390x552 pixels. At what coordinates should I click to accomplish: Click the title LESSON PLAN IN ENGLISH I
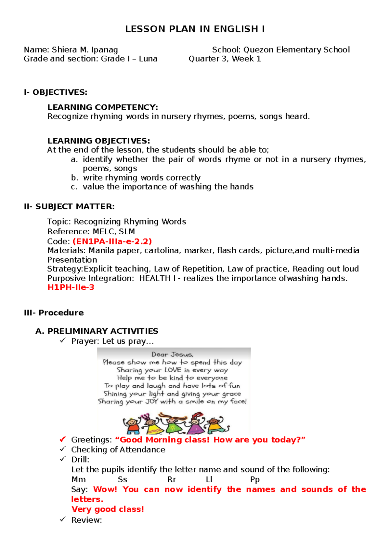195,29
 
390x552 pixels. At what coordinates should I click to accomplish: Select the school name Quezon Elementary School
296,50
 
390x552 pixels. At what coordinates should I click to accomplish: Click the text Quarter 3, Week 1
225,59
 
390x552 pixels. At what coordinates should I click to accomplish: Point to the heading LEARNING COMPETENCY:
103,107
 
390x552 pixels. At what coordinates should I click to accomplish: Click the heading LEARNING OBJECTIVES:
99,141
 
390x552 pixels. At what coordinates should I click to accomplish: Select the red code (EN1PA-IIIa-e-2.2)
112,241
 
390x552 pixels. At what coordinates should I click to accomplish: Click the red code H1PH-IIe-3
71,287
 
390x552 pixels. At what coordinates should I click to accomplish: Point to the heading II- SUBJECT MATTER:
69,207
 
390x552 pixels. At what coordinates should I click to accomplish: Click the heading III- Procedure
54,313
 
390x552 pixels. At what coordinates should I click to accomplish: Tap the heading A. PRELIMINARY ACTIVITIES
97,331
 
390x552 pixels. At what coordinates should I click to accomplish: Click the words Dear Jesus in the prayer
172,354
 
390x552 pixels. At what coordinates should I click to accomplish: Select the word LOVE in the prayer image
173,370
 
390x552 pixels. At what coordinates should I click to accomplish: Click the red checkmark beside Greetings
63,440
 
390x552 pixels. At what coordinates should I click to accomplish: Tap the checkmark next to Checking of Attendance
63,449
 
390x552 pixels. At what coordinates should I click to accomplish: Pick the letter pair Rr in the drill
172,479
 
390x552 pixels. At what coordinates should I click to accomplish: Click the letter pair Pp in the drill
255,479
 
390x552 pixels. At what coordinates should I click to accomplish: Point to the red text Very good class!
108,509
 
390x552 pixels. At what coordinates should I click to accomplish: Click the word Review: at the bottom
86,520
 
